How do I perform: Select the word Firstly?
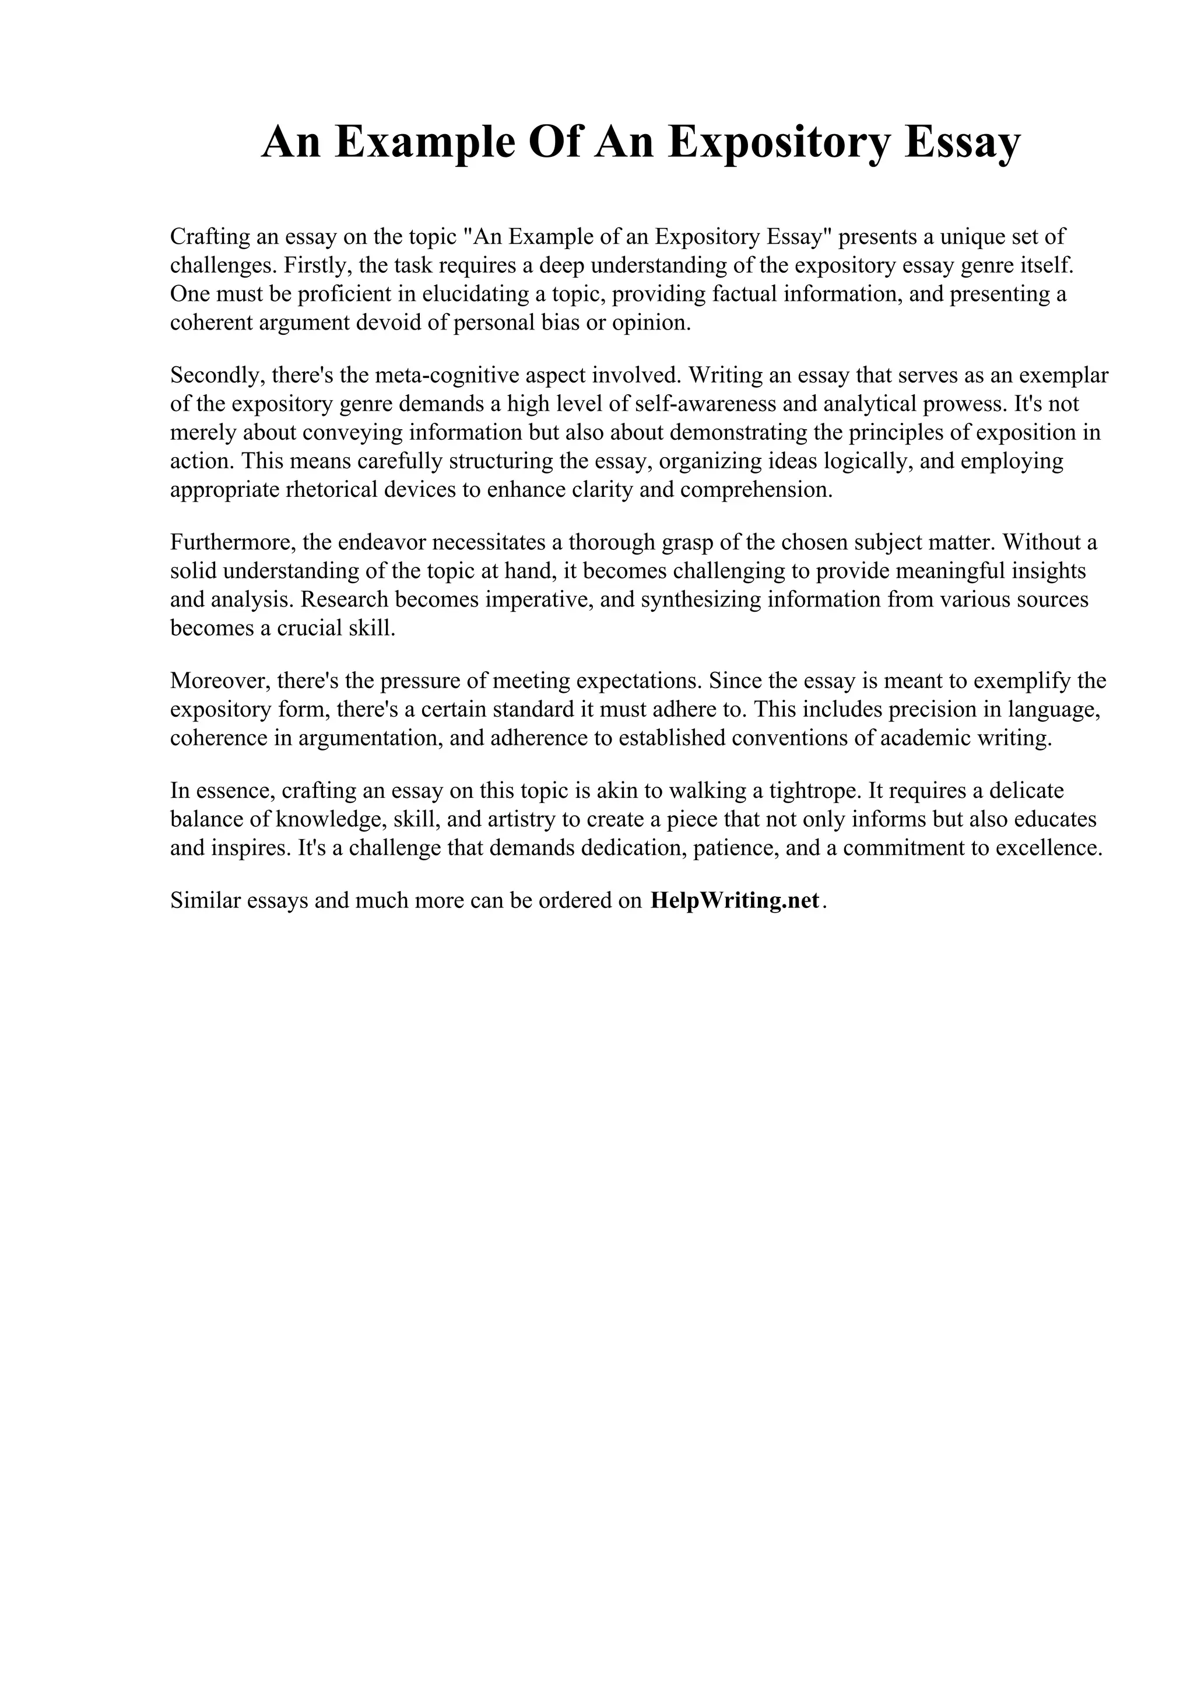click(x=317, y=266)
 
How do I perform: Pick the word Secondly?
click(x=217, y=376)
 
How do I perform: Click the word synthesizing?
click(x=700, y=600)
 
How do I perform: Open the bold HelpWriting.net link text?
click(x=734, y=901)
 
